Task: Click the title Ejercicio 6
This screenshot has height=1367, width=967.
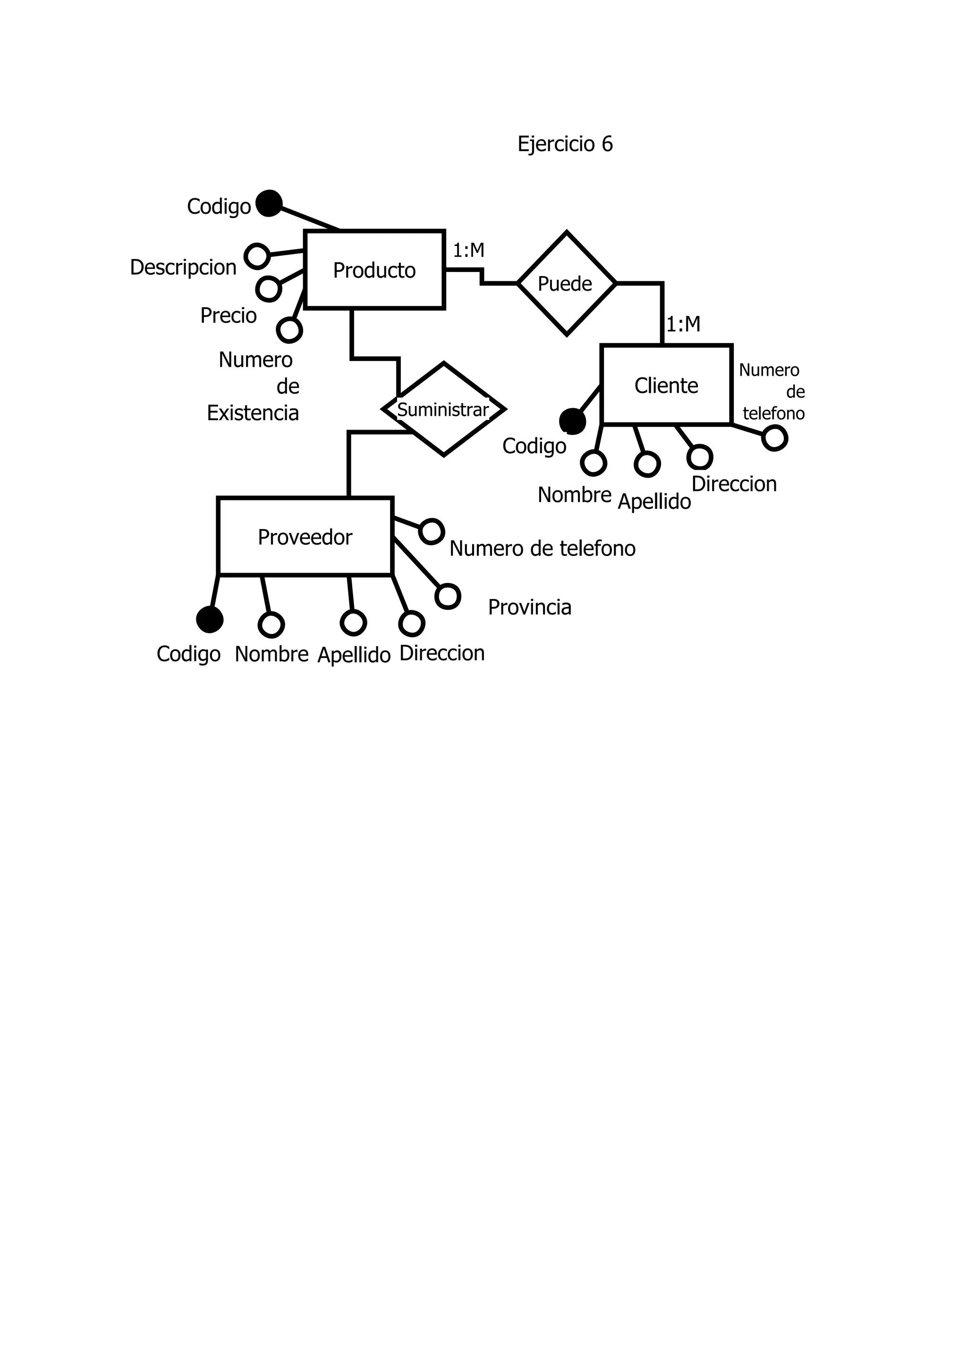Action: [x=565, y=144]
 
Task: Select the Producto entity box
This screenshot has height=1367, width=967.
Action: [x=374, y=270]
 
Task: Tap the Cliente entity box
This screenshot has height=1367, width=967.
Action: [x=666, y=385]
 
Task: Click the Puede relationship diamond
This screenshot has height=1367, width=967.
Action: [x=566, y=283]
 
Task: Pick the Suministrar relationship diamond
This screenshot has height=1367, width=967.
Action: [x=443, y=410]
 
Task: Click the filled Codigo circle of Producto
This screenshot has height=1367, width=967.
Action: [x=269, y=203]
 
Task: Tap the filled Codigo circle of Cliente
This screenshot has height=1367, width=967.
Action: [x=572, y=421]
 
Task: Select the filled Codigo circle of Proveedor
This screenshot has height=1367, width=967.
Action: [x=210, y=619]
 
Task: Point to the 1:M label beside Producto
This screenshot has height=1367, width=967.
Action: [x=468, y=251]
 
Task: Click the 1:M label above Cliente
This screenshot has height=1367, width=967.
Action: [x=683, y=324]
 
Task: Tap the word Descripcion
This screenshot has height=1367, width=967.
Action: [x=183, y=267]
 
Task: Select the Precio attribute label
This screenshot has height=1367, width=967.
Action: [x=228, y=316]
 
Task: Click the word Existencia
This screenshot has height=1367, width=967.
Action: [x=253, y=413]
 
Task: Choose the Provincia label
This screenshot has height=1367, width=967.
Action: [x=529, y=608]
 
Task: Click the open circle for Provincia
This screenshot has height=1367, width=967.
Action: [x=448, y=596]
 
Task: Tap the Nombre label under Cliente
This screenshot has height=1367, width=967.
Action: [x=574, y=495]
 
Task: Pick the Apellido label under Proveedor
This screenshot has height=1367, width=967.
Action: [x=354, y=655]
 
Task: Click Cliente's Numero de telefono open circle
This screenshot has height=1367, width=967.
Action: [x=774, y=439]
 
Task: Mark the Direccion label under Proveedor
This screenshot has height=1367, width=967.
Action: [x=442, y=653]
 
